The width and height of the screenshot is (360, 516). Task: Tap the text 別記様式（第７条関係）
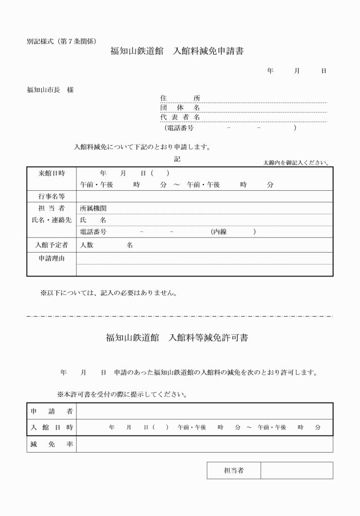click(61, 41)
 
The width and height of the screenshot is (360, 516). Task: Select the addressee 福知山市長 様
click(50, 90)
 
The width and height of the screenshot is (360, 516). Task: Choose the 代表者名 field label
click(180, 117)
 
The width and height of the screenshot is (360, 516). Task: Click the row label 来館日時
click(51, 173)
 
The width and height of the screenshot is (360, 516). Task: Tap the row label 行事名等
click(51, 197)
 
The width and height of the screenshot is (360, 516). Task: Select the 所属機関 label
click(93, 209)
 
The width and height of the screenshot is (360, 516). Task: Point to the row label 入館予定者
click(51, 245)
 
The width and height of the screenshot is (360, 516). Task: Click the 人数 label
click(87, 245)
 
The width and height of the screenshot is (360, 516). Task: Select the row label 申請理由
click(51, 258)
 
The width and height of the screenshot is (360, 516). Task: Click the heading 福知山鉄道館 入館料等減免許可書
click(177, 337)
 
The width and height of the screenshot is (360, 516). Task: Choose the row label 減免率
click(51, 444)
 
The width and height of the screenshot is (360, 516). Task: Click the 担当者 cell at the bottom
click(234, 470)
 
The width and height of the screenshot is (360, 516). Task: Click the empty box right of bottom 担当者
click(297, 470)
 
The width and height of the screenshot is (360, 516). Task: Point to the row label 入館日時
click(51, 427)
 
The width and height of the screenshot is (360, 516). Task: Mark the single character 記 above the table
click(177, 159)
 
